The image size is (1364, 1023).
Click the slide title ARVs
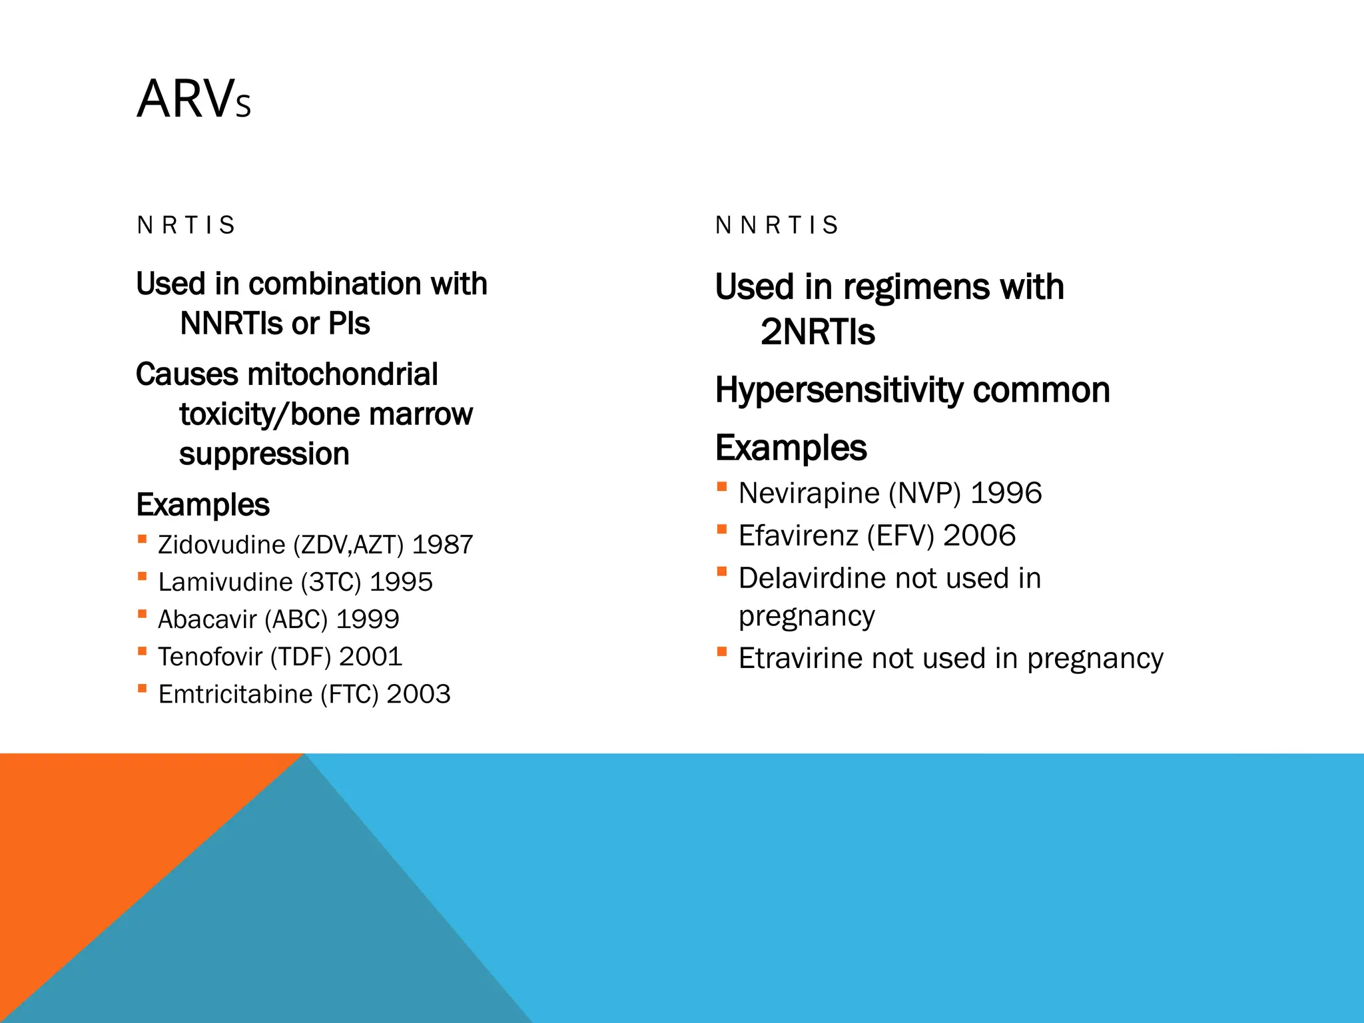click(194, 99)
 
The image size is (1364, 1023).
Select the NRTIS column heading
click(186, 225)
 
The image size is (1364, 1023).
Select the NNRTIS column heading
click(777, 225)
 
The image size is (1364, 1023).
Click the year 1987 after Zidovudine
click(442, 545)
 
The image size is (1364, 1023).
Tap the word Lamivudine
click(225, 582)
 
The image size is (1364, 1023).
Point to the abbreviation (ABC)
click(296, 619)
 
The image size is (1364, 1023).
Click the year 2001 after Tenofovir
click(370, 657)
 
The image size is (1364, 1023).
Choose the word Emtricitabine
click(235, 694)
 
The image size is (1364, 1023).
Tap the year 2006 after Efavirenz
click(979, 535)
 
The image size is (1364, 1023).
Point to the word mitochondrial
click(342, 374)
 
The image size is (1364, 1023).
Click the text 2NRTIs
click(817, 332)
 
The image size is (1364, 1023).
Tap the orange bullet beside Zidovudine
click(142, 539)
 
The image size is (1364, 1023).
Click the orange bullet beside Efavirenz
click(721, 529)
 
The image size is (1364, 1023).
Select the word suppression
click(264, 454)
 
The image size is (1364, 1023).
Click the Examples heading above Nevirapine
click(791, 448)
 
